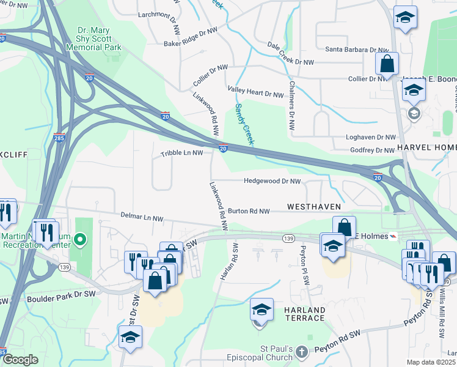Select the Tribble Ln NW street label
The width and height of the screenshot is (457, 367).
click(x=181, y=154)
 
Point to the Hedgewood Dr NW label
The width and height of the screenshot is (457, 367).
click(x=272, y=182)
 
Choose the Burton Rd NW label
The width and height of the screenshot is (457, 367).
click(x=249, y=211)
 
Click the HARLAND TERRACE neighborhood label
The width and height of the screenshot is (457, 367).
click(x=304, y=314)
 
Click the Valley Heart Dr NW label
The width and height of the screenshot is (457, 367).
click(x=256, y=93)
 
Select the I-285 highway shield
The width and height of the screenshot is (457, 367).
click(x=59, y=137)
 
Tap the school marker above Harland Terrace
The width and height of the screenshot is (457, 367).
click(x=261, y=311)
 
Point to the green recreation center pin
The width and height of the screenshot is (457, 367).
click(x=79, y=239)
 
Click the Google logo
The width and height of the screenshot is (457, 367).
click(x=20, y=360)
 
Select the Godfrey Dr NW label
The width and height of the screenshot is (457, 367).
click(x=373, y=150)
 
